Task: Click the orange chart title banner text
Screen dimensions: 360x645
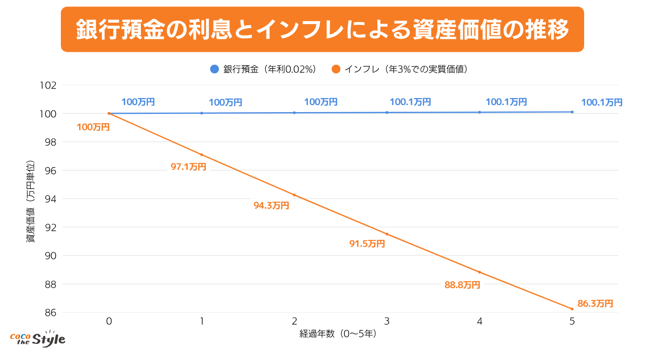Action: [322, 30]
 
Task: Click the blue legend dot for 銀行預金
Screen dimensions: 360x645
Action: [215, 69]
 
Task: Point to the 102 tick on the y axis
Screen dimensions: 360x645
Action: [49, 85]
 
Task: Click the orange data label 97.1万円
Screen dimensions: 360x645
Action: [188, 167]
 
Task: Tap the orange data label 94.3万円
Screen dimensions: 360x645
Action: [271, 205]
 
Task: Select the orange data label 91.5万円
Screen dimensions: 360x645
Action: [367, 244]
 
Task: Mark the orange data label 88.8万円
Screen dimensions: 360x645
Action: [462, 285]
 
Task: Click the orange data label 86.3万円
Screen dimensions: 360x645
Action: [595, 304]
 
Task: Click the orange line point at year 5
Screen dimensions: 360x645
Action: [572, 309]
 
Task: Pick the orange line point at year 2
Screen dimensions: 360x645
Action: [294, 195]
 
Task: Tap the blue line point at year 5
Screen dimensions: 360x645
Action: [572, 112]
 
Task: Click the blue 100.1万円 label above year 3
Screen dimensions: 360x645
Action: [410, 102]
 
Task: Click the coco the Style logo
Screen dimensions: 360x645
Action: [38, 338]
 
